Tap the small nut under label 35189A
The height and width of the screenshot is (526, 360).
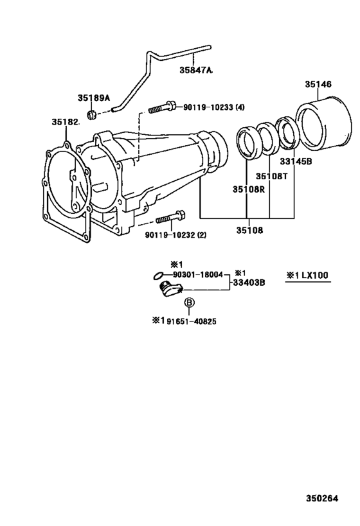[x=93, y=114]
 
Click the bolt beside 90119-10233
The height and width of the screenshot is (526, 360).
[x=160, y=109]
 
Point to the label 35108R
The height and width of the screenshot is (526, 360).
[x=248, y=189]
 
